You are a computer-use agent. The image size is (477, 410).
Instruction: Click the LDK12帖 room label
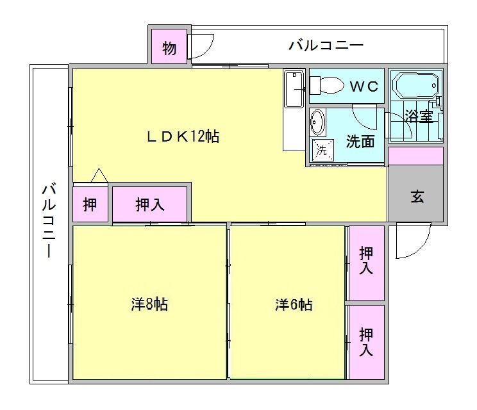(183, 136)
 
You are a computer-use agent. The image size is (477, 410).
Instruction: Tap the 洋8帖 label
(149, 304)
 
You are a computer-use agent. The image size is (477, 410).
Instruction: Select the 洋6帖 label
(294, 304)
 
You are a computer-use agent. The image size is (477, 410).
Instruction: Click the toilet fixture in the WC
(326, 85)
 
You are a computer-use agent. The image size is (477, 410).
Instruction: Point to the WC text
(364, 87)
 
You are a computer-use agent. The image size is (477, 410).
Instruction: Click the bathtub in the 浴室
(416, 86)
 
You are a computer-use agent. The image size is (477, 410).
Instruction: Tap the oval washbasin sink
(317, 122)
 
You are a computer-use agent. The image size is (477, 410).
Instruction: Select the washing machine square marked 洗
(322, 150)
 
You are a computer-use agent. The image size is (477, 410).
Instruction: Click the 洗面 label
(360, 142)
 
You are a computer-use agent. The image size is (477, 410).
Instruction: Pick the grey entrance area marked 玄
(416, 193)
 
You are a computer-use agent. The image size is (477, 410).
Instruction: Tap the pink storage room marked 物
(169, 47)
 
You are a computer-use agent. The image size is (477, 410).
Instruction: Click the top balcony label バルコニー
(326, 45)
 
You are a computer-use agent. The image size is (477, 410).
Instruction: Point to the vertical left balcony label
(49, 220)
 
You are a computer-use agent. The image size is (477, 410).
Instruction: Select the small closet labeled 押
(90, 204)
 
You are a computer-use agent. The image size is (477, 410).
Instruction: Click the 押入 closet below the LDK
(149, 204)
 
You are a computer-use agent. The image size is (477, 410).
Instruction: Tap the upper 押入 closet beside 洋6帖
(366, 263)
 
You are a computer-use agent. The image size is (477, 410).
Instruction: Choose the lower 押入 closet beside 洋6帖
(366, 342)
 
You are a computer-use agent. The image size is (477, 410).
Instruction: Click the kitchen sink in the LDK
(294, 89)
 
